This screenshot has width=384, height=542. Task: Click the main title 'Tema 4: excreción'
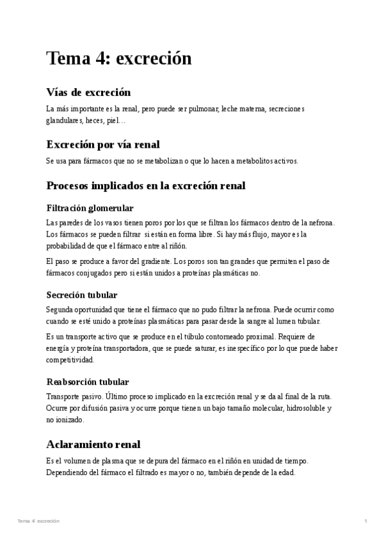[119, 59]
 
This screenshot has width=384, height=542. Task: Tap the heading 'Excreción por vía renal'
[103, 144]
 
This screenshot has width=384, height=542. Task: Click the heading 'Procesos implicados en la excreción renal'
[146, 186]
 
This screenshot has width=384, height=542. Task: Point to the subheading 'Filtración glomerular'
[90, 208]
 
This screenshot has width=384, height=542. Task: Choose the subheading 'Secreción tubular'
[82, 295]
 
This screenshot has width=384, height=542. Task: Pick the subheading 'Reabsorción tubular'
[88, 382]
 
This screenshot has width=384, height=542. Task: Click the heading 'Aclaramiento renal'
[93, 444]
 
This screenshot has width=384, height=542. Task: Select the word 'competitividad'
[70, 360]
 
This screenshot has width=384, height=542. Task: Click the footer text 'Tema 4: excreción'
[38, 522]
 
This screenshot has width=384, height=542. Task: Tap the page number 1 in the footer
[365, 522]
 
